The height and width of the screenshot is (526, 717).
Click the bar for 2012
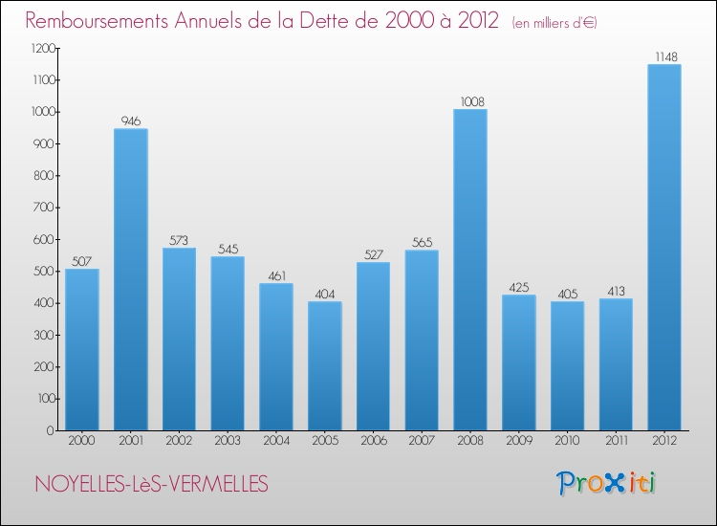click(x=663, y=249)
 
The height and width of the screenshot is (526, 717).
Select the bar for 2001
click(x=130, y=280)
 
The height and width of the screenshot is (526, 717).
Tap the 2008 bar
click(x=469, y=271)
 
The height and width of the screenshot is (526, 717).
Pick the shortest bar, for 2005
click(x=324, y=366)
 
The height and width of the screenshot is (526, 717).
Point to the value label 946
click(x=130, y=121)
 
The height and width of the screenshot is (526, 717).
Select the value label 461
click(x=275, y=275)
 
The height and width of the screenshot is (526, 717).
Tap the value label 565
click(x=422, y=242)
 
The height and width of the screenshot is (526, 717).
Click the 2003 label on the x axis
click(x=227, y=440)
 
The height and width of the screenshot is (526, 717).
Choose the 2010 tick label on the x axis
click(x=567, y=440)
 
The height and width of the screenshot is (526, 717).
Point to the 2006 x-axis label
click(x=373, y=440)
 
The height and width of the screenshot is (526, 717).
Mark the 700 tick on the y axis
click(x=42, y=208)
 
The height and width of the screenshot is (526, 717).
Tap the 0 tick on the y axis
click(x=49, y=430)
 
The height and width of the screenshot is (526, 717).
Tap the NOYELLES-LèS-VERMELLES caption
click(x=151, y=484)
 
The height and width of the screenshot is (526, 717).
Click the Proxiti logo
click(x=606, y=483)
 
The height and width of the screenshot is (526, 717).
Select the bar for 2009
click(x=518, y=362)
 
